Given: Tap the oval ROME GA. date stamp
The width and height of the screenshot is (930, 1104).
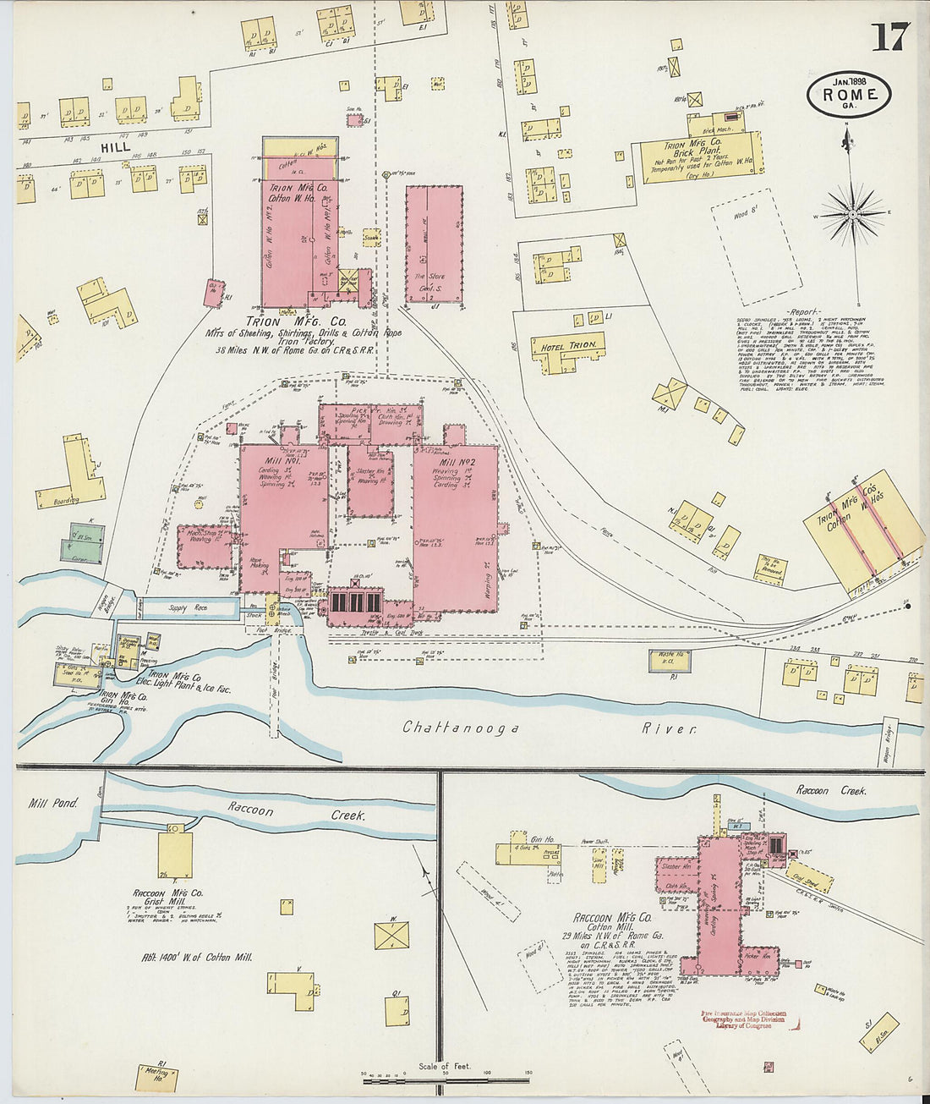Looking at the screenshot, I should [848, 95].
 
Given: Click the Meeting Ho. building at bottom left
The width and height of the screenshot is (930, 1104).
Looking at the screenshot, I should [156, 1078].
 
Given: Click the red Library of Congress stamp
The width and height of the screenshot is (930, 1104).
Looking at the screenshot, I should [743, 1019].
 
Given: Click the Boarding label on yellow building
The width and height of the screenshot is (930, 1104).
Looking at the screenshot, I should [66, 500].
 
